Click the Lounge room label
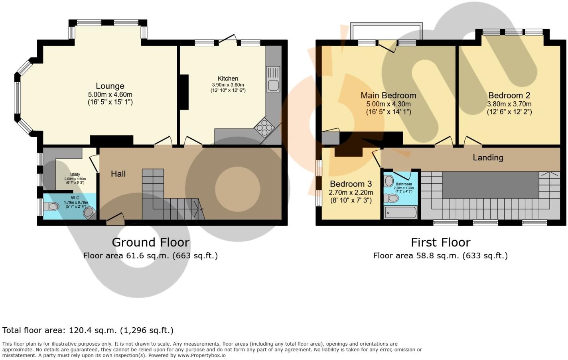[x=110, y=86]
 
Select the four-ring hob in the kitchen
[x=265, y=128]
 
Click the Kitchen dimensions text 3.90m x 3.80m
[x=228, y=85]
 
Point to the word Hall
[x=118, y=174]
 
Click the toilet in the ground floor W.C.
[x=51, y=207]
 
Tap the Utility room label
[x=75, y=175]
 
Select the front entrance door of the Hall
[x=115, y=218]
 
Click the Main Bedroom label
[x=388, y=95]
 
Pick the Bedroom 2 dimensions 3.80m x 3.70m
[x=509, y=104]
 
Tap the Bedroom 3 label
[x=351, y=184]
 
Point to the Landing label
[x=488, y=157]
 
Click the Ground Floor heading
[x=150, y=242]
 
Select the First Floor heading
[x=440, y=242]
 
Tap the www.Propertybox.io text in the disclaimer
[x=201, y=355]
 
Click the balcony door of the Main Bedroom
[x=387, y=46]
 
